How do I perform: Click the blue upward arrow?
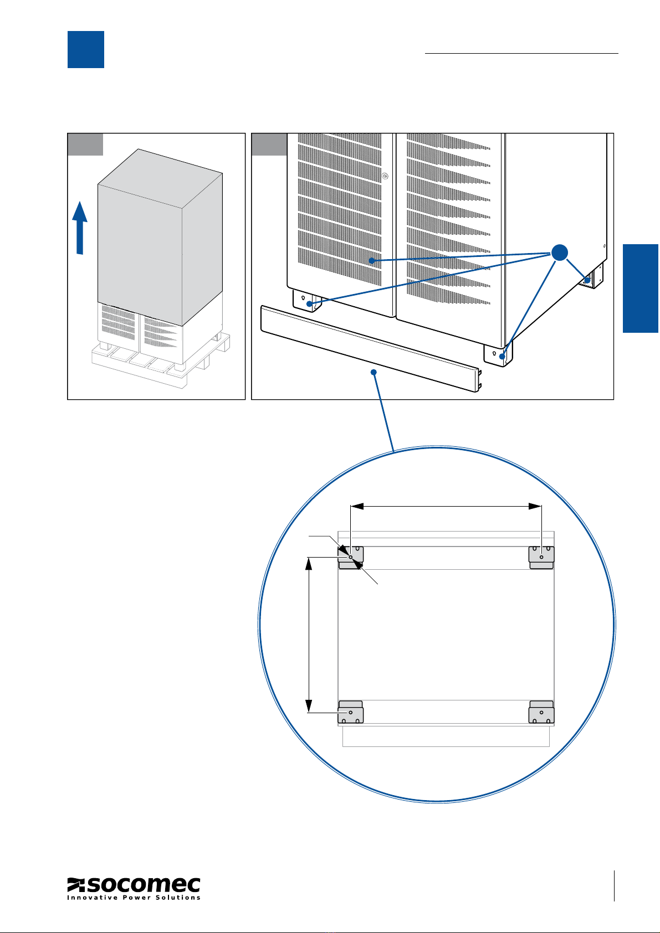80,227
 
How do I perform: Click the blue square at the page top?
86,49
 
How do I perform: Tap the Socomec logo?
134,888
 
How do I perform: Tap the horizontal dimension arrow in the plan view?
446,506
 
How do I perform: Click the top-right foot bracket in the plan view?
541,556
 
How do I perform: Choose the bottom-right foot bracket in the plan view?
541,712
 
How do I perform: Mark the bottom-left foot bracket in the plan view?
350,712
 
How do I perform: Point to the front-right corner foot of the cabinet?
497,354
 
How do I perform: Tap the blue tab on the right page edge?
641,288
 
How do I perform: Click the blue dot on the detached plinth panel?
374,373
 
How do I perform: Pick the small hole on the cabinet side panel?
605,246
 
